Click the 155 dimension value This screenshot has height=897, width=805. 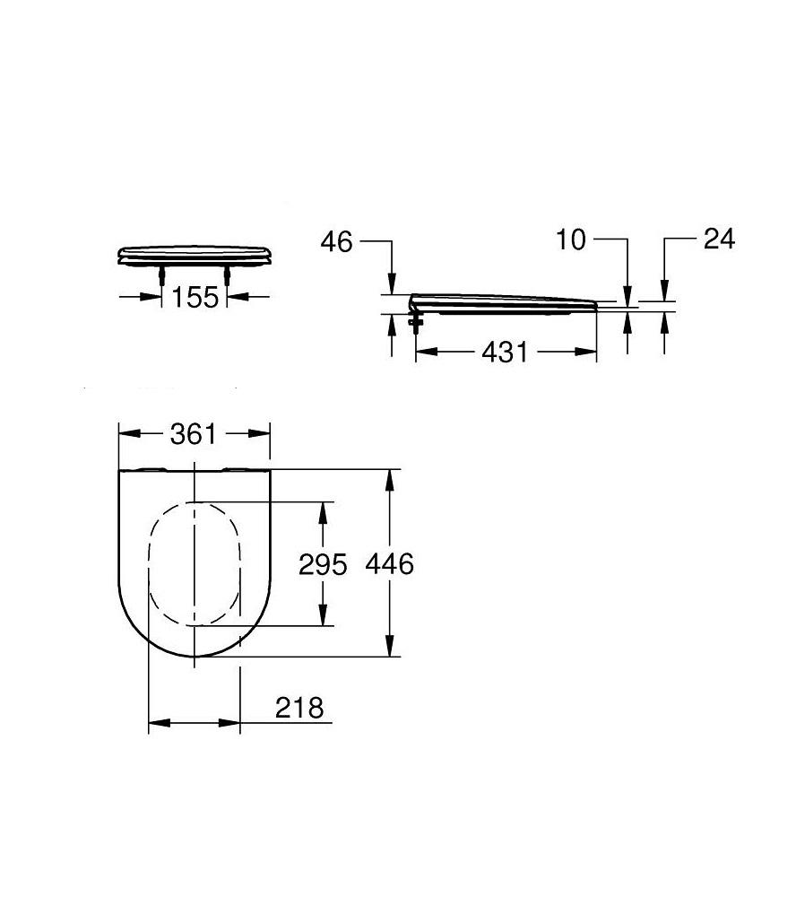tap(195, 296)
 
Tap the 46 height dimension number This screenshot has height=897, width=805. tap(337, 242)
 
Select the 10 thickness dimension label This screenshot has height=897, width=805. tap(570, 239)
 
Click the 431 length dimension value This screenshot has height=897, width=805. tap(504, 353)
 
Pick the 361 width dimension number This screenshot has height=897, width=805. tap(194, 434)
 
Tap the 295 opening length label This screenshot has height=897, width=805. tap(322, 564)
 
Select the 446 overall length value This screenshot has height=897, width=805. tap(390, 564)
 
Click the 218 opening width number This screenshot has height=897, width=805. tap(299, 708)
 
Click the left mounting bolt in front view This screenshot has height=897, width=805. tap(161, 274)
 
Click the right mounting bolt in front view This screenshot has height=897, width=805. tap(229, 274)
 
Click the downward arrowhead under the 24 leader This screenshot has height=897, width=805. tap(663, 292)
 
